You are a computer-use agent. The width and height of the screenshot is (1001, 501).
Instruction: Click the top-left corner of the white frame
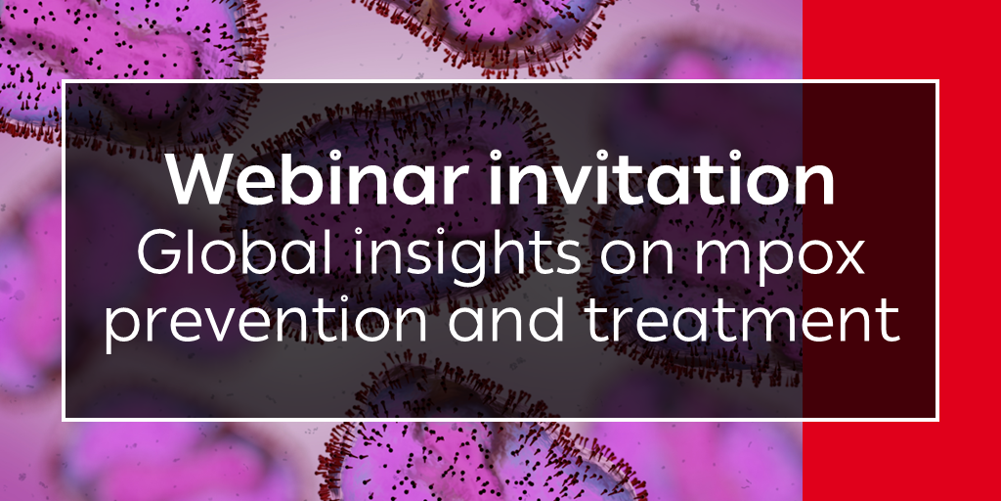64,81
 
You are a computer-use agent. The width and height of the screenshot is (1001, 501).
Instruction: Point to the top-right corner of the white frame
937,81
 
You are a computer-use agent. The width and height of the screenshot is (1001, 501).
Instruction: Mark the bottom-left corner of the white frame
64,420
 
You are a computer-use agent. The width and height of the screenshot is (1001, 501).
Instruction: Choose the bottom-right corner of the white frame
937,420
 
